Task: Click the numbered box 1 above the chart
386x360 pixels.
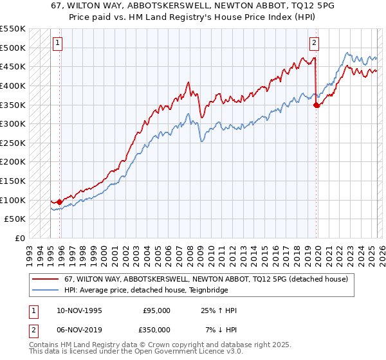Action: (57, 43)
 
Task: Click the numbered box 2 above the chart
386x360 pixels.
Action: (314, 43)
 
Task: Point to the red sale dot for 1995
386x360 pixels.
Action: (59, 202)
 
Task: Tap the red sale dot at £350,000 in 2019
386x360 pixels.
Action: (316, 105)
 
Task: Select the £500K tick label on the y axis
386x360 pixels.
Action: (12, 48)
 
